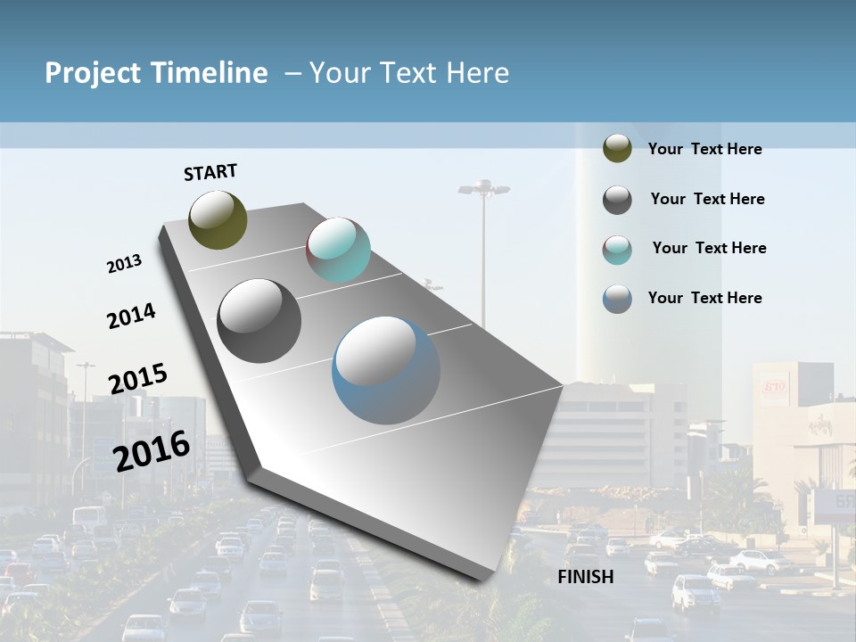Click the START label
pos(210,172)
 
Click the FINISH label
pos(586,577)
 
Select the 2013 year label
pos(124,264)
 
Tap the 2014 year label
pos(131,316)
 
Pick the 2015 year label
pos(138,379)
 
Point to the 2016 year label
pos(152,451)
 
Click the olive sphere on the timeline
pos(218,219)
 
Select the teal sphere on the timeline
pos(338,250)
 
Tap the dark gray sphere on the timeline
pos(259,320)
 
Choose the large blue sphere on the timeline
pos(386,370)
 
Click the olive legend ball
pos(617,149)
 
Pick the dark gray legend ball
pos(617,200)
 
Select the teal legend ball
pos(617,250)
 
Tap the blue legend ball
pos(617,299)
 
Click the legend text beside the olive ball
pos(704,150)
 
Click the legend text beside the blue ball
pos(704,298)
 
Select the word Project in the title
pos(92,73)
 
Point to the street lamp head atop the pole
pos(483,188)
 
